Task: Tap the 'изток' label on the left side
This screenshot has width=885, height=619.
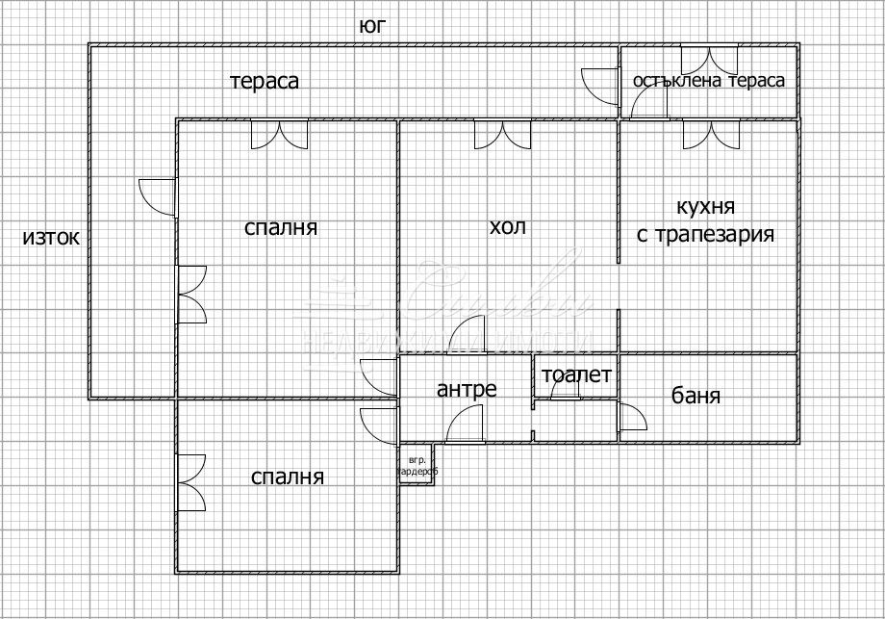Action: coord(51,237)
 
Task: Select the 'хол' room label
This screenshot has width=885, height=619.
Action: coord(508,227)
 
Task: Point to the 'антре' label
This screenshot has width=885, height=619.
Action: coord(467,389)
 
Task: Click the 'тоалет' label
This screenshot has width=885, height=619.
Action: coord(576,375)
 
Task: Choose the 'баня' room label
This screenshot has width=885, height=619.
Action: coord(696,396)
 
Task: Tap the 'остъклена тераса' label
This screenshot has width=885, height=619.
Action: coord(708,81)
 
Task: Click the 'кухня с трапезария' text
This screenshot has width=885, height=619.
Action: coord(706,220)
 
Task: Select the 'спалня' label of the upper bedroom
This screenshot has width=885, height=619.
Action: coord(281,228)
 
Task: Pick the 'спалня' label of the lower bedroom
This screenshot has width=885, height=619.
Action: coord(288,476)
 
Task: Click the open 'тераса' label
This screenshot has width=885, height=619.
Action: coord(265,81)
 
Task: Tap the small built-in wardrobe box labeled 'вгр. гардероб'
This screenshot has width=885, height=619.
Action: coord(417,466)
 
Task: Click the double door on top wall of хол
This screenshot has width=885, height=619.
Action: coord(502,134)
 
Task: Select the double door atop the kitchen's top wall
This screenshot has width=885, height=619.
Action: coord(710,134)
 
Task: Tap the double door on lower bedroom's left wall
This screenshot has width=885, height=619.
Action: coord(190,482)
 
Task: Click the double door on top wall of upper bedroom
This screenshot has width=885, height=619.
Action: coord(279,134)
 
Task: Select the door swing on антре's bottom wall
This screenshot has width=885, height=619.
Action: coord(467,425)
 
